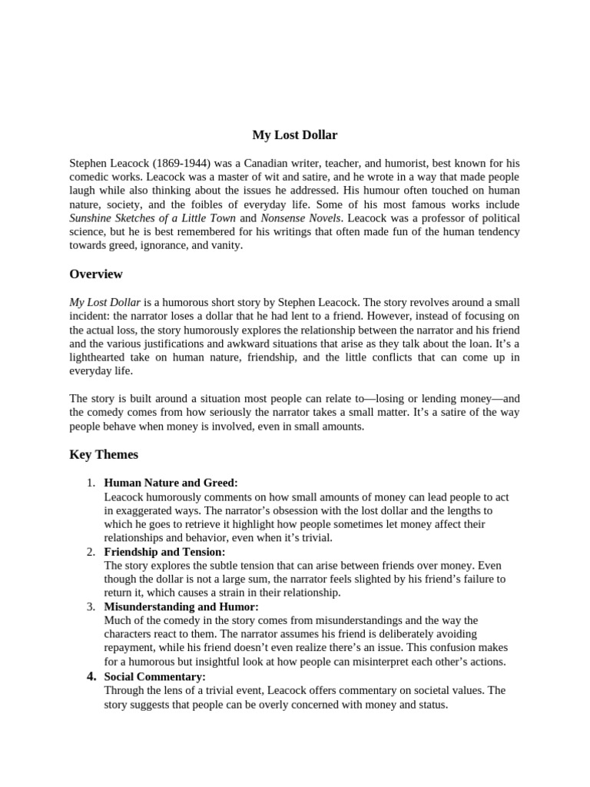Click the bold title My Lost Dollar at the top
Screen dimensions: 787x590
click(x=295, y=135)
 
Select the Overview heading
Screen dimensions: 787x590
click(x=96, y=274)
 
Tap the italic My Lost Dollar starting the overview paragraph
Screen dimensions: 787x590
click(x=104, y=302)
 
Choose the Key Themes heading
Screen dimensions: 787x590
click(x=104, y=454)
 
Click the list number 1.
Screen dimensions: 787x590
click(x=90, y=483)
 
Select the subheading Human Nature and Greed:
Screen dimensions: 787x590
click(x=171, y=483)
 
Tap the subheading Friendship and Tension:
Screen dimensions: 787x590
click(x=164, y=552)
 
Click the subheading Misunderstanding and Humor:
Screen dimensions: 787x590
click(x=181, y=607)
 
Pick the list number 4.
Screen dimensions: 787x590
click(x=91, y=676)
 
